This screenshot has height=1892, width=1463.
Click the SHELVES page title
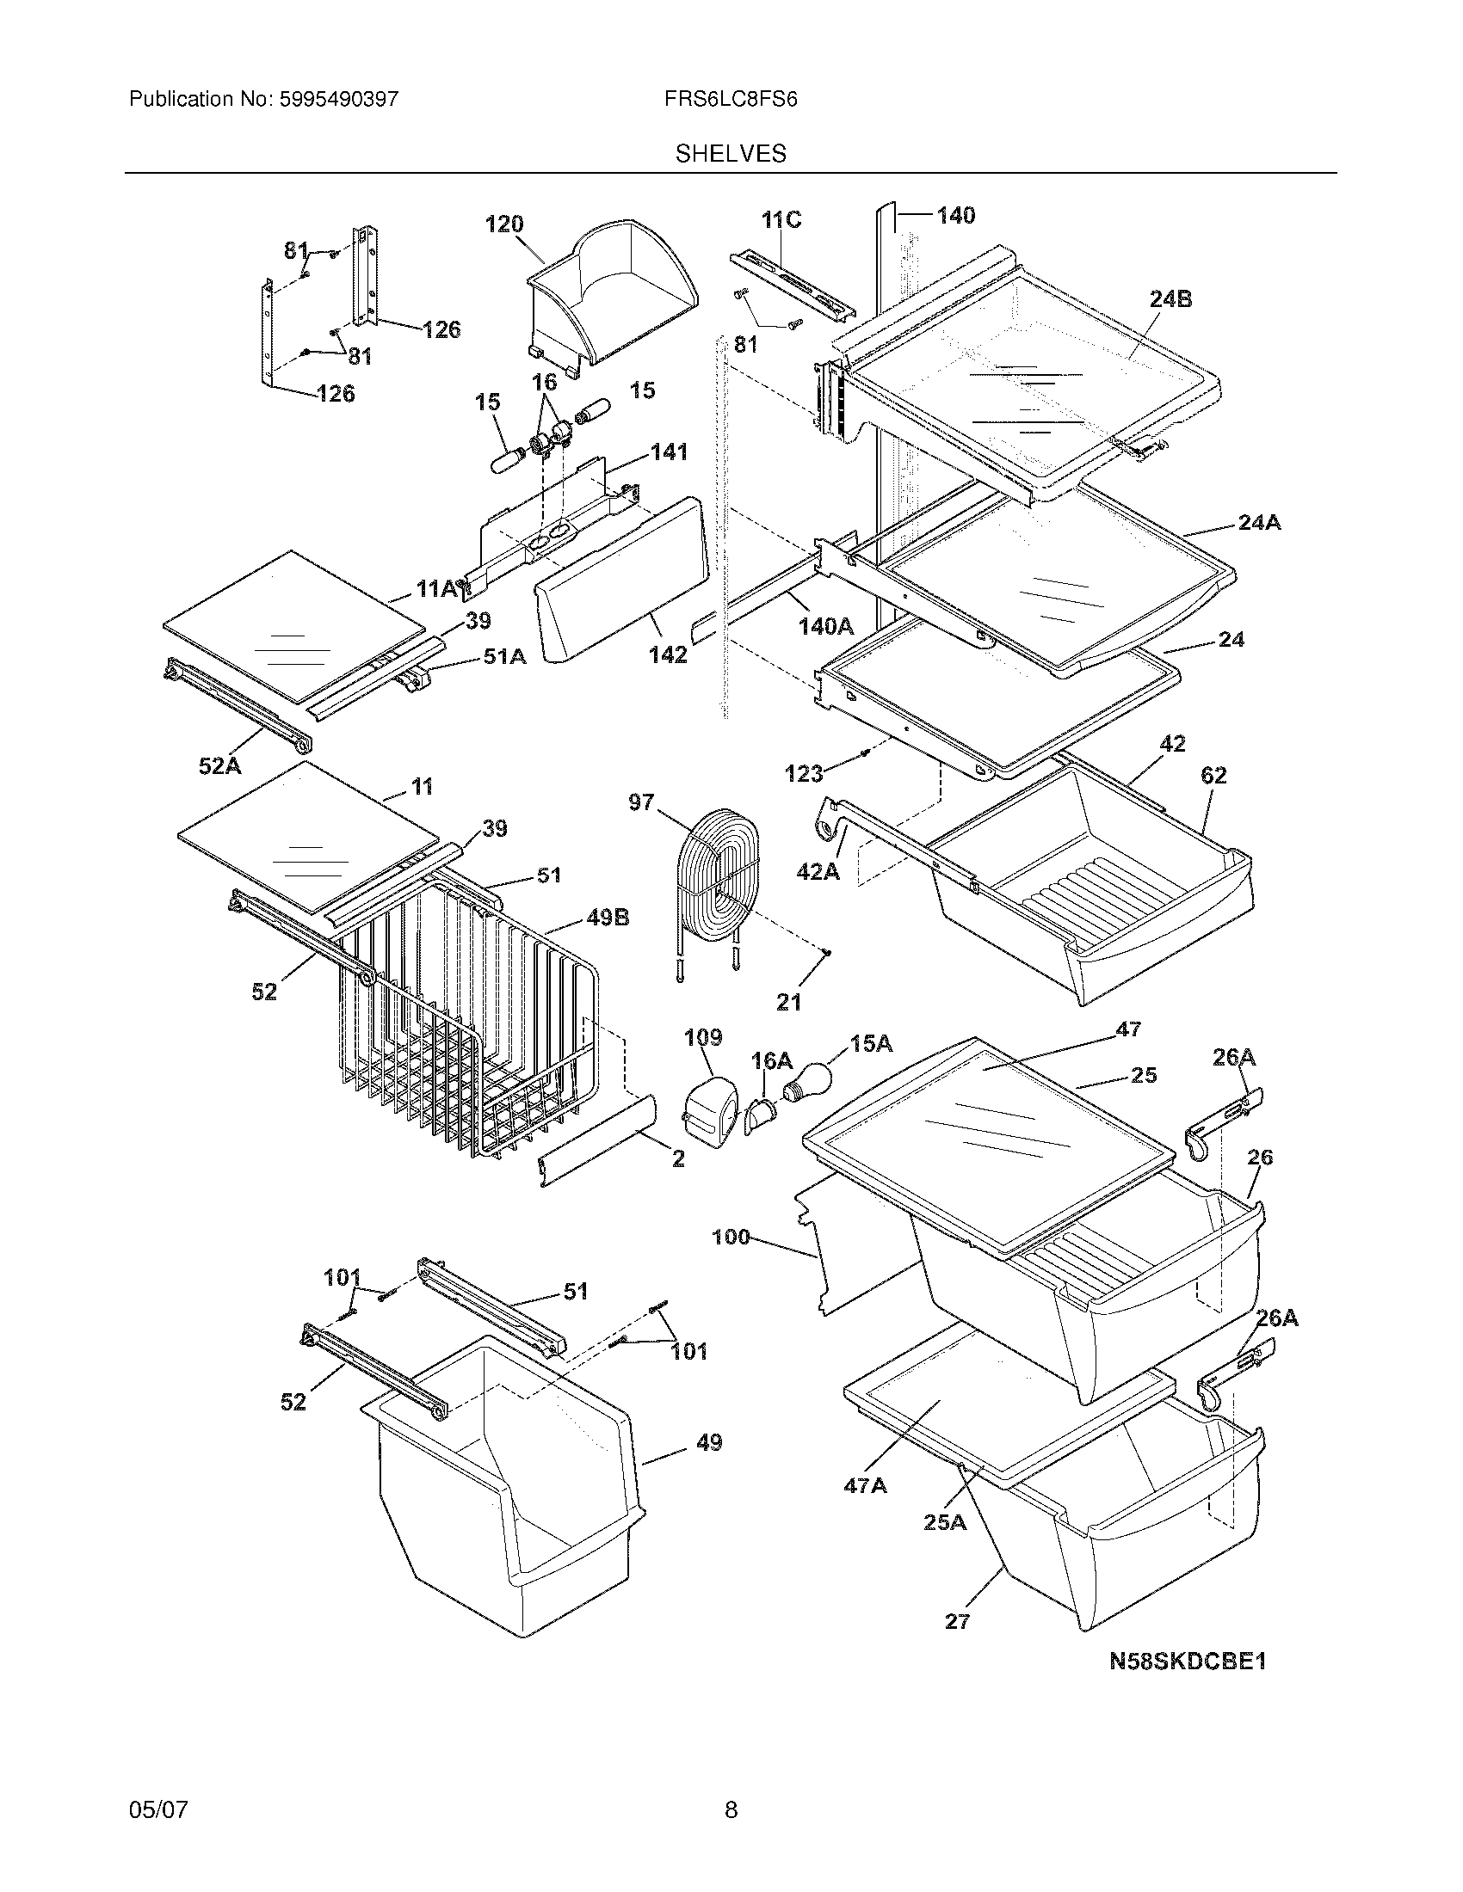pos(731,154)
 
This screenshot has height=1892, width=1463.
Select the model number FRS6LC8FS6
pos(731,100)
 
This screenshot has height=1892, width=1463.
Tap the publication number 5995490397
pos(338,100)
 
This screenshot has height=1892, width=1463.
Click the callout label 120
pos(503,224)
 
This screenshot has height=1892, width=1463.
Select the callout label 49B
pos(608,918)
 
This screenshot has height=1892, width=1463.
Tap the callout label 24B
pos(1170,299)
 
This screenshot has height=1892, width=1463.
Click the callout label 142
pos(668,655)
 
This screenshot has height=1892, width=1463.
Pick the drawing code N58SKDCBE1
pos(1188,1662)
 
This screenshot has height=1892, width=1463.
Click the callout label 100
pos(730,1237)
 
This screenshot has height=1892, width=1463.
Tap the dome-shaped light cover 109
pos(712,1107)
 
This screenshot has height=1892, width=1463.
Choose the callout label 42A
pos(818,871)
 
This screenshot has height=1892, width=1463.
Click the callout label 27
pos(957,1622)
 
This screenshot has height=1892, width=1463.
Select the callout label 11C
pos(781,220)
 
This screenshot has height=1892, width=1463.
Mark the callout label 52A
pos(220,765)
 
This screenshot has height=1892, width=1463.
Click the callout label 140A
pos(825,626)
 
